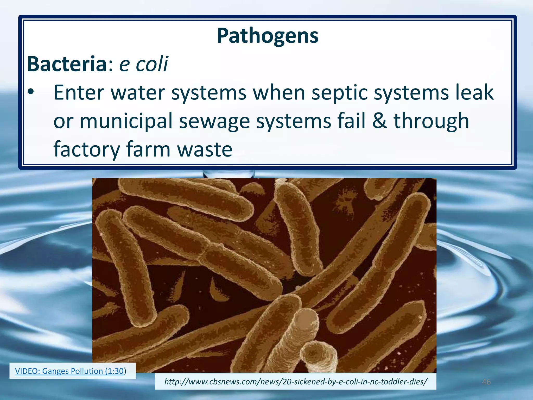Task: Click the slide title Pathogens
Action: coord(268,36)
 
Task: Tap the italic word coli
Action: coord(152,64)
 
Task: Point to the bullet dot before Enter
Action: coord(31,92)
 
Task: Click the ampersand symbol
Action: coord(379,121)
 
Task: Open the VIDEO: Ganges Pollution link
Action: coord(69,371)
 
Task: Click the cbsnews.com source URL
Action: coord(296,382)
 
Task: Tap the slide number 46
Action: coord(486,382)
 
